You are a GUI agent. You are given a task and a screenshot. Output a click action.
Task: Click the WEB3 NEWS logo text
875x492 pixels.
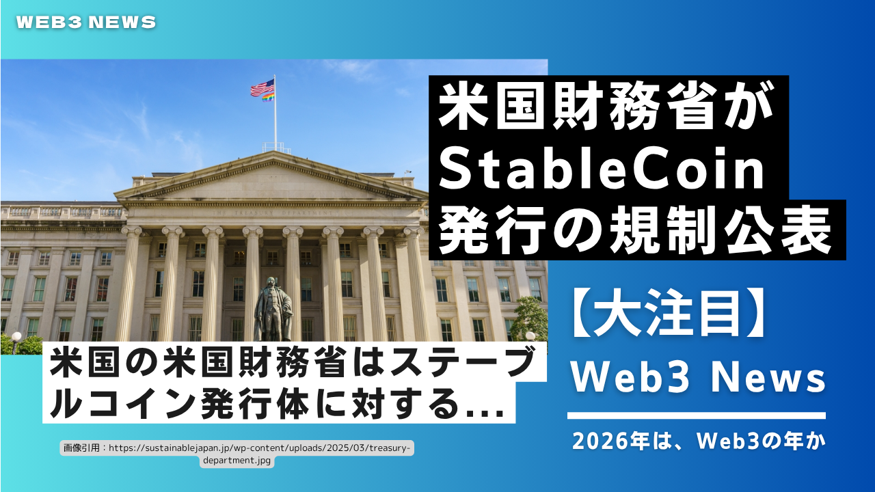click(x=86, y=23)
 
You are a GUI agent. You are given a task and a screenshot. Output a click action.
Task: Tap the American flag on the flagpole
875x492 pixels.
click(x=262, y=87)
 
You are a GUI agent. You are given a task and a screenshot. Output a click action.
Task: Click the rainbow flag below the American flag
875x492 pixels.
click(x=269, y=97)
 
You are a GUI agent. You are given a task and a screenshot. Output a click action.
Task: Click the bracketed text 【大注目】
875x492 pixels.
click(x=668, y=313)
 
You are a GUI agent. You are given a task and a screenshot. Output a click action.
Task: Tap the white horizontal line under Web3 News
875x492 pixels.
click(x=697, y=415)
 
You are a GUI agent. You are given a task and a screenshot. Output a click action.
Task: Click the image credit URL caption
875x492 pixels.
click(x=237, y=454)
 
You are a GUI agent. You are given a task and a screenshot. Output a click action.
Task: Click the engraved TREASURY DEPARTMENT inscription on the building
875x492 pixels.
click(x=273, y=213)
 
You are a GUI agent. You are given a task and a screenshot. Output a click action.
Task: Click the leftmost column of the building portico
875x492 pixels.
click(x=130, y=284)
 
